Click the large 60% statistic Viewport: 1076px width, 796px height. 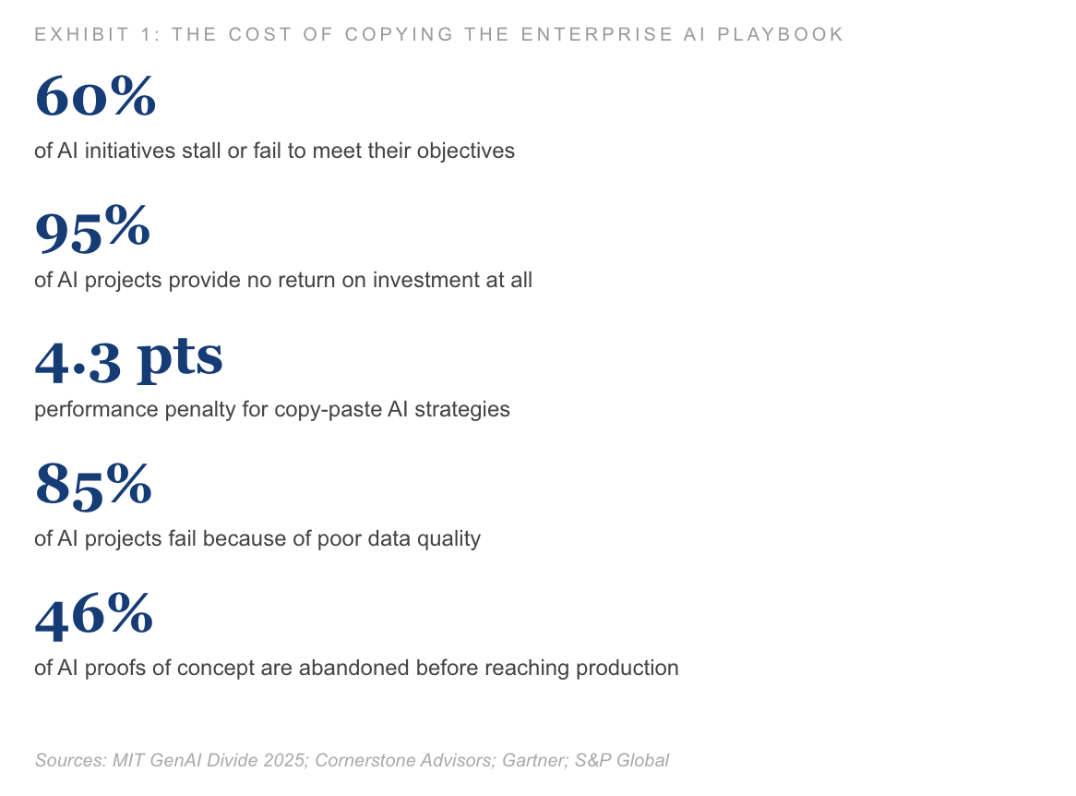click(95, 96)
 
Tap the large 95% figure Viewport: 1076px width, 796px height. click(92, 227)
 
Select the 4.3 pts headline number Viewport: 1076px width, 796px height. click(129, 358)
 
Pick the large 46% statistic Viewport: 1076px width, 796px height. click(94, 615)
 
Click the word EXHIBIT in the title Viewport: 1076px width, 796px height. click(81, 34)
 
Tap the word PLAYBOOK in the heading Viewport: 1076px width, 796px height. click(780, 34)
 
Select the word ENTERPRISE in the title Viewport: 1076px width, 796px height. click(597, 34)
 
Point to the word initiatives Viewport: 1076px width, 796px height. click(130, 151)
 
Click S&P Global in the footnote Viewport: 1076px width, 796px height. click(622, 760)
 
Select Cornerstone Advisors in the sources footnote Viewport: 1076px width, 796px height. click(405, 760)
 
